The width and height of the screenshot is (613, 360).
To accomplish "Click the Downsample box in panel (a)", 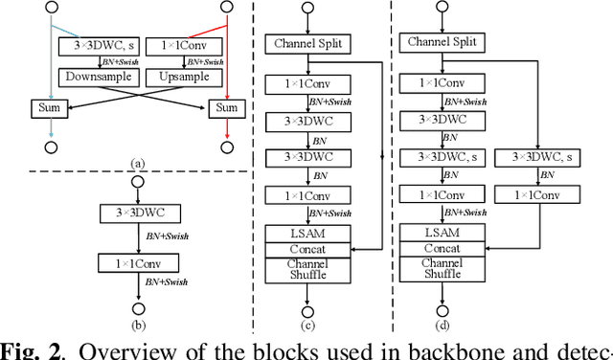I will coord(96,74).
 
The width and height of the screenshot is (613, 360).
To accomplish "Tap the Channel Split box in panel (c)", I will coord(308,42).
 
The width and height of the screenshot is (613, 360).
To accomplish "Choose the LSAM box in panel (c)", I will coord(308,234).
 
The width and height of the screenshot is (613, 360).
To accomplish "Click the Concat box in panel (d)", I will coord(443,249).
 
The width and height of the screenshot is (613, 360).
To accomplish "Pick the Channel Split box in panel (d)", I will coord(443,42).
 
